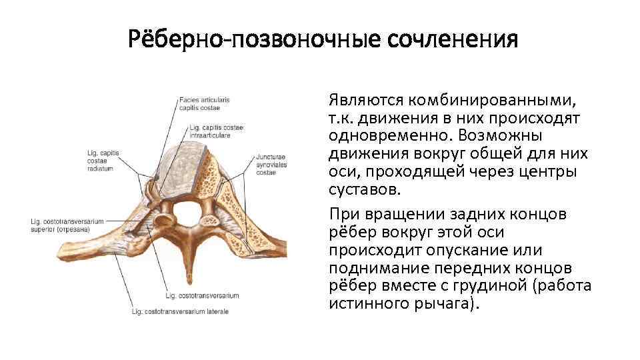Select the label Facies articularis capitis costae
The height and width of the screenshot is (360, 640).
click(204, 104)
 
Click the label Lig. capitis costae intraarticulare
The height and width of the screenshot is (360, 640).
click(217, 131)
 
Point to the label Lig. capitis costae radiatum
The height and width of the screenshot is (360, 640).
click(103, 161)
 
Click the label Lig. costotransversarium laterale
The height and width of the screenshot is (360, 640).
click(180, 311)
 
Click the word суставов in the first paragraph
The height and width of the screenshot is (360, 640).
click(364, 189)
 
